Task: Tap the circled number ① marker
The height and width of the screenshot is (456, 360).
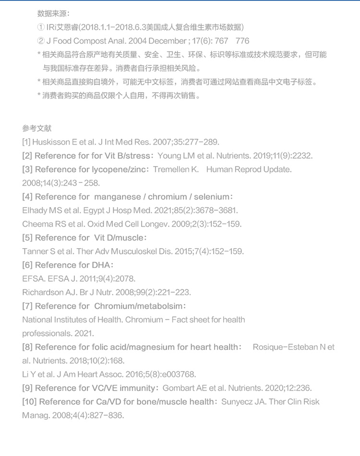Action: pyautogui.click(x=41, y=27)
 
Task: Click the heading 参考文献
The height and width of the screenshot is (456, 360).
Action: pyautogui.click(x=36, y=129)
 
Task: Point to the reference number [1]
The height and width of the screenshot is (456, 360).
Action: pyautogui.click(x=26, y=142)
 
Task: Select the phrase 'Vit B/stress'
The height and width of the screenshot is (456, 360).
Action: pyautogui.click(x=124, y=156)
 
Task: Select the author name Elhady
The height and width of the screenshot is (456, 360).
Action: pyautogui.click(x=35, y=210)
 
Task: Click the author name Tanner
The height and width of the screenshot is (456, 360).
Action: pyautogui.click(x=35, y=252)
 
